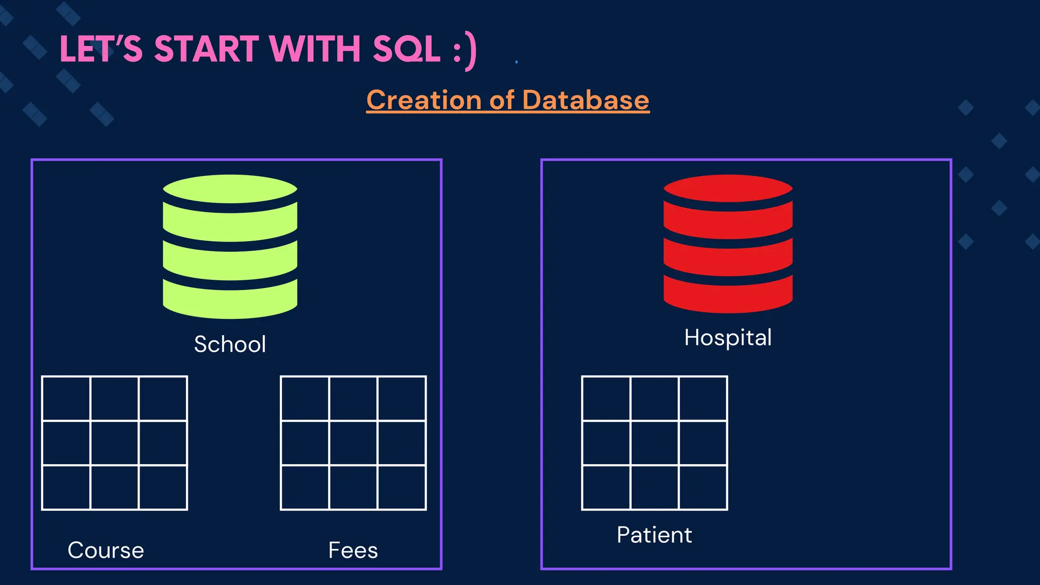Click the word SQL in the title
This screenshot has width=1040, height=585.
[x=406, y=49]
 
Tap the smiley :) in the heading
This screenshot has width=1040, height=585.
[x=465, y=50]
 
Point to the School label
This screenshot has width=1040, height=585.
[x=230, y=344]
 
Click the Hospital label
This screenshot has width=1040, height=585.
[x=728, y=338]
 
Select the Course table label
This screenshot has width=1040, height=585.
[x=106, y=550]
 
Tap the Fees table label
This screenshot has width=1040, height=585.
[x=353, y=550]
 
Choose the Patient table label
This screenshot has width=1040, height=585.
[x=654, y=535]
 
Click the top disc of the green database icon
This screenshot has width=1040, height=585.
[x=230, y=189]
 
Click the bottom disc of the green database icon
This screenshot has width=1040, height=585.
[x=230, y=300]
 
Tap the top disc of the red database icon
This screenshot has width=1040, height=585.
[x=728, y=188]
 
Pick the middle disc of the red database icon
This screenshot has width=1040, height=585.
[x=728, y=256]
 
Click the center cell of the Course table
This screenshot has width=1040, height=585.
[x=114, y=443]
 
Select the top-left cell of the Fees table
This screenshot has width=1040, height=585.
[x=305, y=399]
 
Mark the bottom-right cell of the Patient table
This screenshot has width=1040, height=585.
[x=703, y=487]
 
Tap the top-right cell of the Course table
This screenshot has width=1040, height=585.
[x=163, y=399]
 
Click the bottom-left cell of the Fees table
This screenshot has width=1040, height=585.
[x=305, y=487]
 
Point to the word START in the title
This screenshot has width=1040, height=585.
[x=207, y=49]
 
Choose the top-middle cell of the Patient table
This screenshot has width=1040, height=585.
[x=655, y=399]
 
